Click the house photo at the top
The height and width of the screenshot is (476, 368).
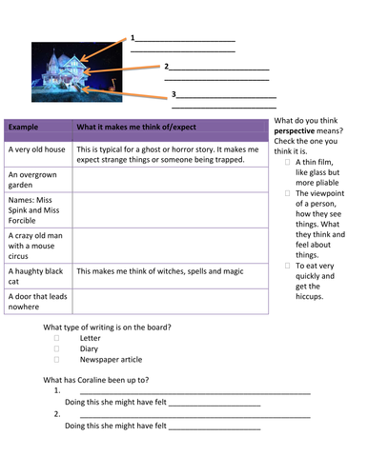pyautogui.click(x=72, y=71)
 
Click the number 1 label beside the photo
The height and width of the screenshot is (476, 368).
pyautogui.click(x=133, y=39)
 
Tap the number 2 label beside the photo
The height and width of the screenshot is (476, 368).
pyautogui.click(x=167, y=67)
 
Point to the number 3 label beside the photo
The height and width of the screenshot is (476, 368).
pyautogui.click(x=174, y=93)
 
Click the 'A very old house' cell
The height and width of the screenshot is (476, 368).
pyautogui.click(x=36, y=149)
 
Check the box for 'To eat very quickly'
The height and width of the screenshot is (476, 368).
pyautogui.click(x=287, y=266)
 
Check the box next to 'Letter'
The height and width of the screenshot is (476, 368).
pyautogui.click(x=56, y=338)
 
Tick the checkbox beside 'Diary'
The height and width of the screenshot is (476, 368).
pyautogui.click(x=56, y=348)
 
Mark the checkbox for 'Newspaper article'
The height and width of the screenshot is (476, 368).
pyautogui.click(x=56, y=360)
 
